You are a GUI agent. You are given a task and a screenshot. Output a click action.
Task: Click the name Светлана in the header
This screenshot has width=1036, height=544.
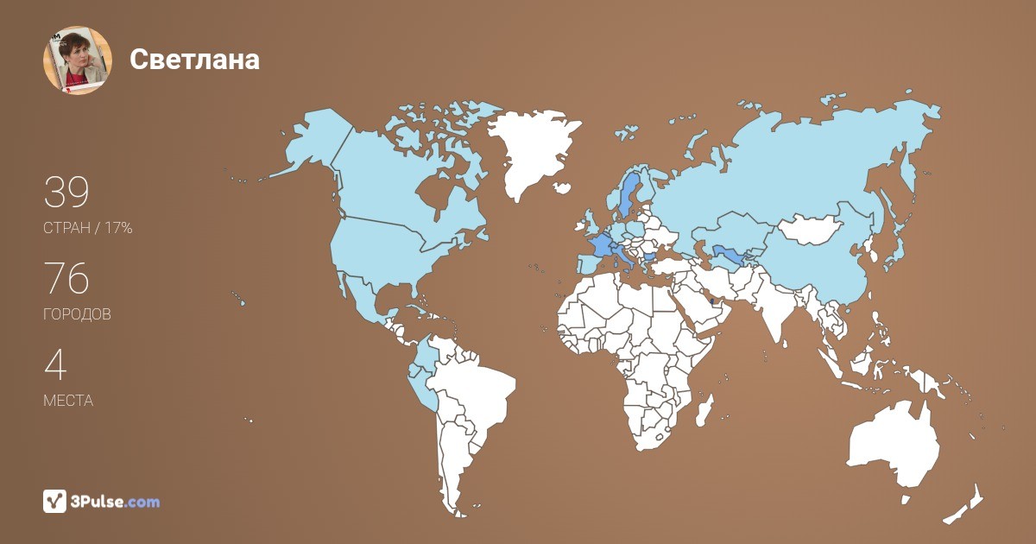[194, 59]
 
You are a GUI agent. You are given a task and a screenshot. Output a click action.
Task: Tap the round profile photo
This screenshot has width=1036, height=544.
[78, 60]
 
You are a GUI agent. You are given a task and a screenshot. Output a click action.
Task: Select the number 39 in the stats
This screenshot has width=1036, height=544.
[66, 193]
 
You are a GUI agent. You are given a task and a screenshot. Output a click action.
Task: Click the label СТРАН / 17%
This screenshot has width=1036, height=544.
[87, 229]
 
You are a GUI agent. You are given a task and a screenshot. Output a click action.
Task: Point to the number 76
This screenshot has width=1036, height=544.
[66, 280]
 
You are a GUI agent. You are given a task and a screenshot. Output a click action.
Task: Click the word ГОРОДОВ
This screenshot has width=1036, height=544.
[77, 315]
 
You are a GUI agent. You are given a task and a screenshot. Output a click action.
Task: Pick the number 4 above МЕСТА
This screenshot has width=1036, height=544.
[55, 365]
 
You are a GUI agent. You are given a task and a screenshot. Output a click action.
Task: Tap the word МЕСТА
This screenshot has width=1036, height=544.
[68, 402]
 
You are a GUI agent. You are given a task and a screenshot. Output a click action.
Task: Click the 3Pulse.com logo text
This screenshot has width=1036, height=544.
[117, 502]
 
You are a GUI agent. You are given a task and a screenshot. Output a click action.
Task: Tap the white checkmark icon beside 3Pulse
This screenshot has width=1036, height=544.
[55, 501]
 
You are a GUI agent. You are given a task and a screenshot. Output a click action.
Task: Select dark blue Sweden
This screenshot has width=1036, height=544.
[629, 194]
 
